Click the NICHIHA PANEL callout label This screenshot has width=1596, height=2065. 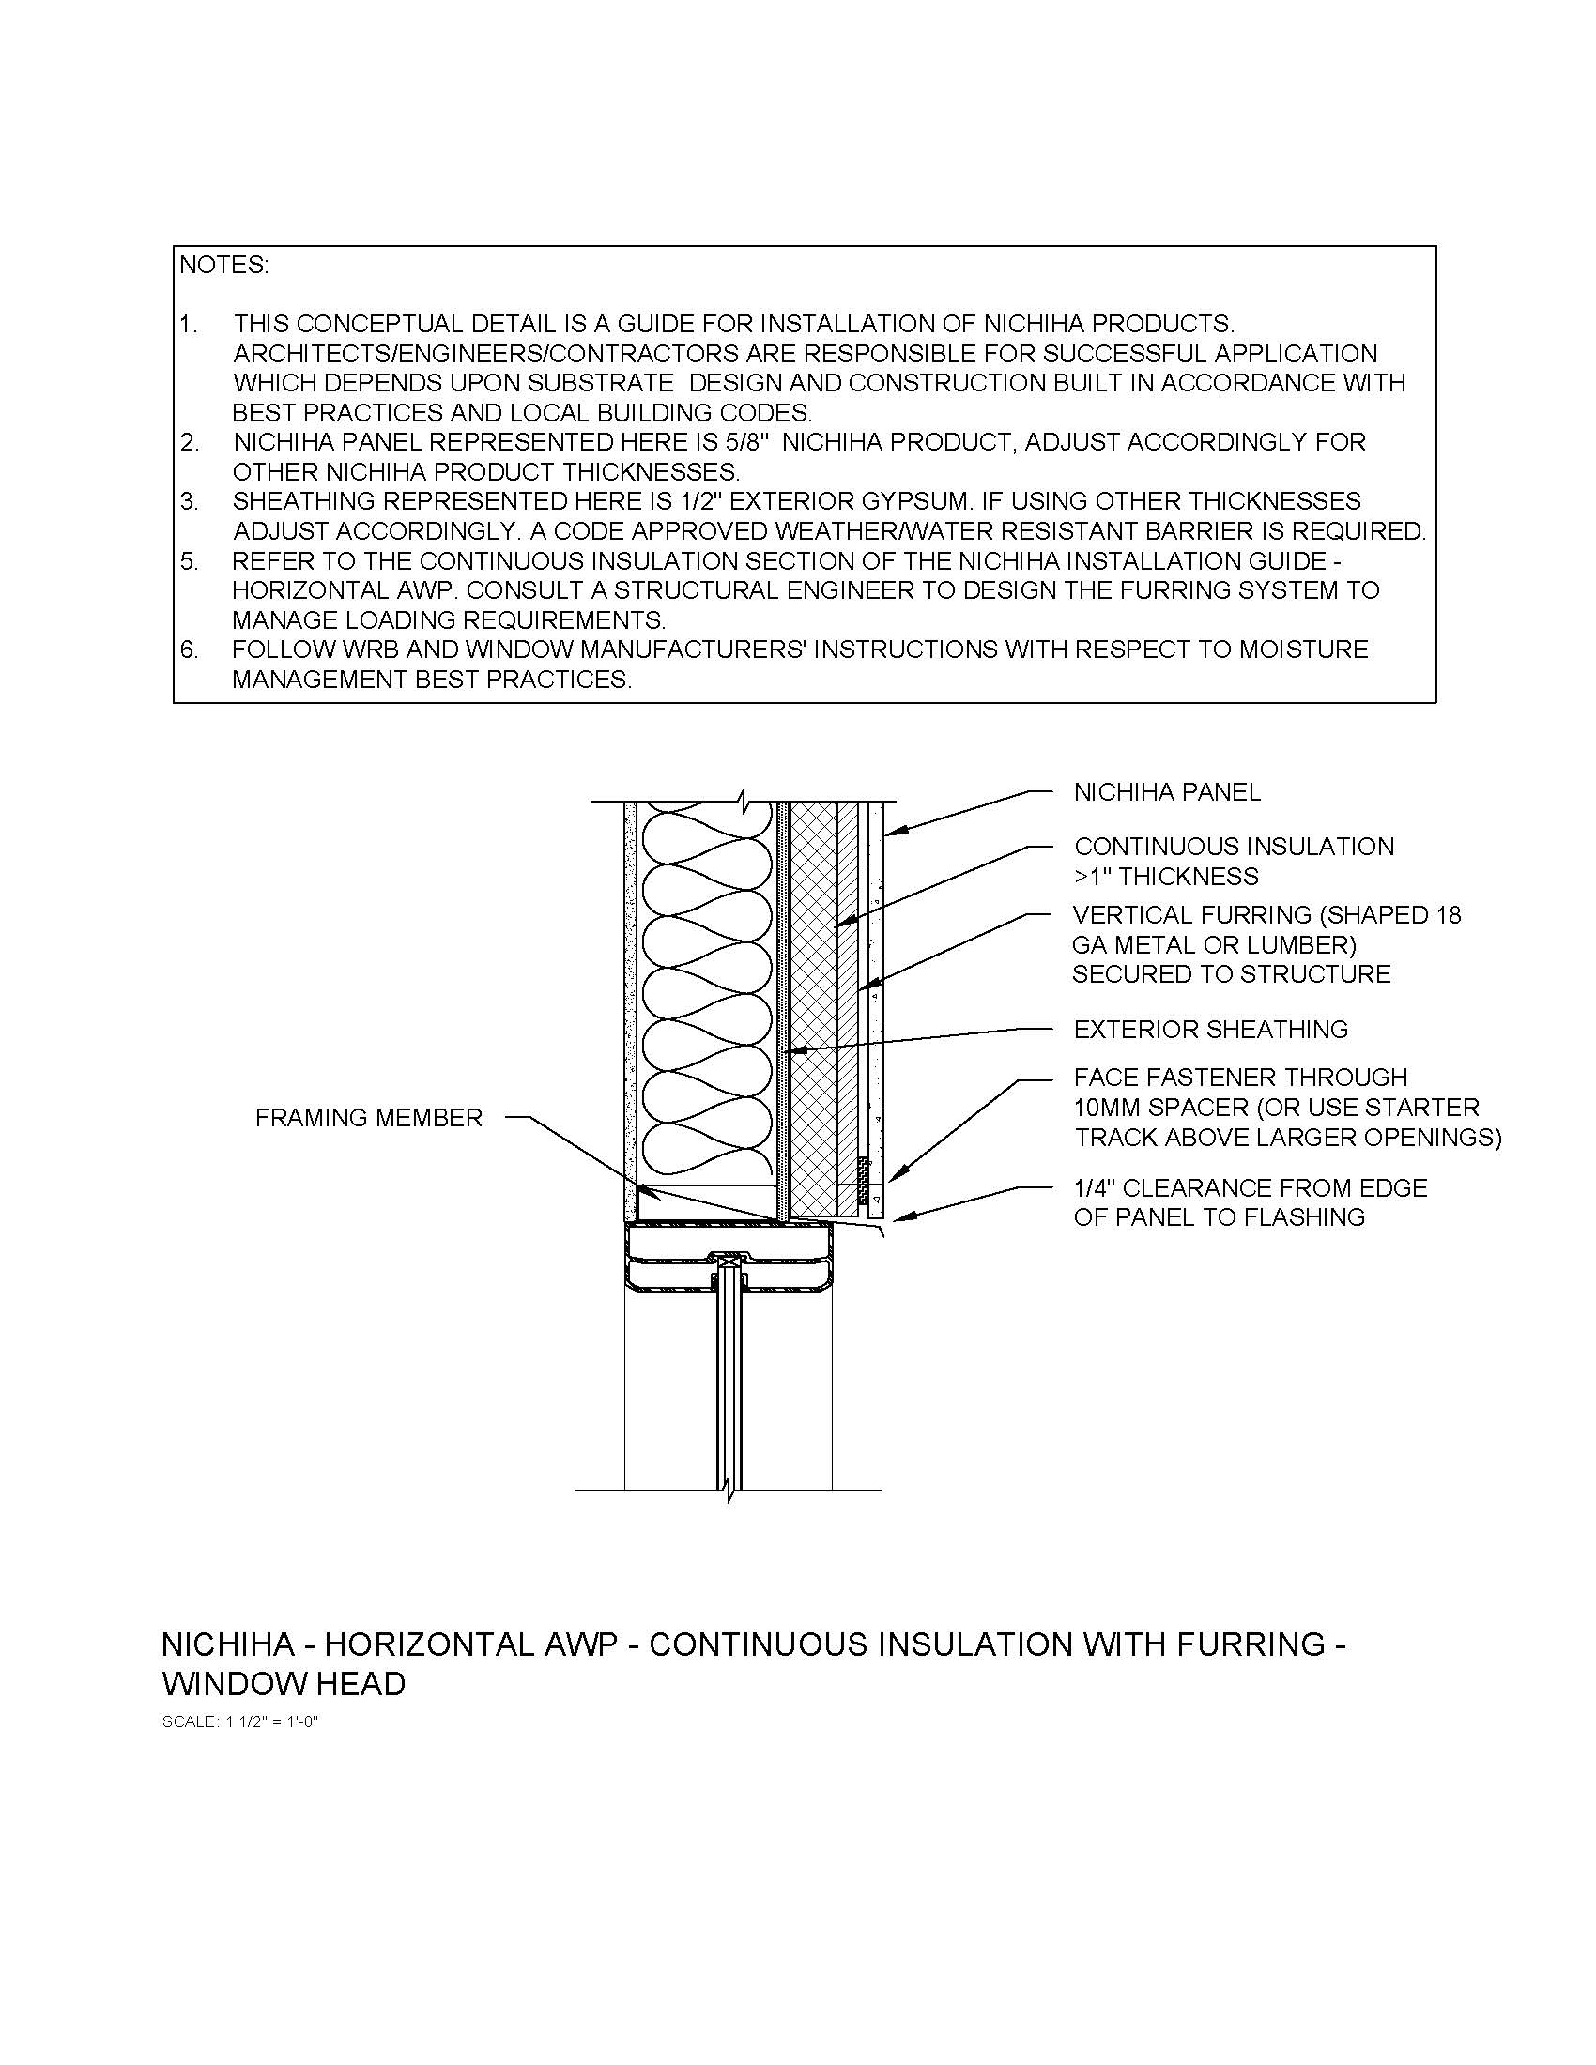point(1167,792)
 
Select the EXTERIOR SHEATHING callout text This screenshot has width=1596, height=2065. point(1210,1029)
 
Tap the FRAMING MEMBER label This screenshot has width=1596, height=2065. point(369,1118)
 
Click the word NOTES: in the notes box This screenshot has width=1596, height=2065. point(224,266)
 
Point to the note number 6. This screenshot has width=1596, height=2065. point(189,650)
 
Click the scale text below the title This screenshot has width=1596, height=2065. point(241,1721)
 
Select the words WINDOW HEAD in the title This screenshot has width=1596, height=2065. point(284,1684)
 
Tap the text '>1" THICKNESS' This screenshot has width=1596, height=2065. point(1166,877)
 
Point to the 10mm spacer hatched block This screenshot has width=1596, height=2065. point(862,1174)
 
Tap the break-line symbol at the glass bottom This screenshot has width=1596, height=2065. point(729,1491)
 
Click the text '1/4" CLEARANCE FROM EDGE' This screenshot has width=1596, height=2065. point(1250,1187)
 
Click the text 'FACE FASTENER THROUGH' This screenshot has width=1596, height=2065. point(1240,1077)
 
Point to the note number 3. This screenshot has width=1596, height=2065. point(189,501)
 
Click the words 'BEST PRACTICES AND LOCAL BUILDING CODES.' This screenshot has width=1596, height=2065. point(522,413)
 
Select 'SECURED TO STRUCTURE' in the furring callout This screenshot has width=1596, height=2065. point(1231,974)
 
